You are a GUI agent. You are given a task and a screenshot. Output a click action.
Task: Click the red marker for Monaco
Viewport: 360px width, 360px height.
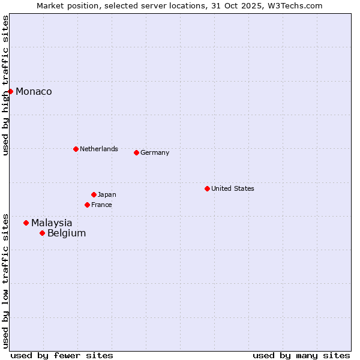click(11, 91)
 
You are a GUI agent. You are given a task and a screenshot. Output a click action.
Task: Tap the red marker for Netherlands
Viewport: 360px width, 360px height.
click(76, 149)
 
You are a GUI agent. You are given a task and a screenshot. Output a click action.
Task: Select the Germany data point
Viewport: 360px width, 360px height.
click(136, 152)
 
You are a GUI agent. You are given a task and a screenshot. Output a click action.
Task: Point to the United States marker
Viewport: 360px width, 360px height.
click(207, 188)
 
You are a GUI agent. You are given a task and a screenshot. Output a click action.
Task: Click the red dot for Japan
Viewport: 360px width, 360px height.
click(94, 194)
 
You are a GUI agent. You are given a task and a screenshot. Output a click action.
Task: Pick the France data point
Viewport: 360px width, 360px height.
click(87, 205)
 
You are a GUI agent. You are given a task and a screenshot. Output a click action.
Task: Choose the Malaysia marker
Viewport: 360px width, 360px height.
click(26, 223)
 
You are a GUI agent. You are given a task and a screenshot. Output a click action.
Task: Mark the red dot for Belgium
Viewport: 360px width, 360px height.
click(42, 233)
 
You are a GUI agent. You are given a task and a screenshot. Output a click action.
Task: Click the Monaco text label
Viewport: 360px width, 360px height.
click(34, 92)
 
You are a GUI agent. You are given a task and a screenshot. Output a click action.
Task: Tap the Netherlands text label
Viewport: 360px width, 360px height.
click(99, 149)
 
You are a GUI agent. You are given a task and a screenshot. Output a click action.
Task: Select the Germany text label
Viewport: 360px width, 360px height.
click(155, 152)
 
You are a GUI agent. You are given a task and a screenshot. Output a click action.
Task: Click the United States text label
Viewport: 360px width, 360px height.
click(233, 188)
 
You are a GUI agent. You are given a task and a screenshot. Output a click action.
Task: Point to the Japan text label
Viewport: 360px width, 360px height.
click(107, 194)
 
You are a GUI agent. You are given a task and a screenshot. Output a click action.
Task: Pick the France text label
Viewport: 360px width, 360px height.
click(101, 205)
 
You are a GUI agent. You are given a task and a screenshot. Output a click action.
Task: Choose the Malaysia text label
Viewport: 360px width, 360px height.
click(52, 223)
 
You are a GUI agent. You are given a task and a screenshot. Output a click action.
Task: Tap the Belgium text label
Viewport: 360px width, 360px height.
click(67, 233)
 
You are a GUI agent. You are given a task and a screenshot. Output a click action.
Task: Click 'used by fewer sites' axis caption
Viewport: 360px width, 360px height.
click(62, 355)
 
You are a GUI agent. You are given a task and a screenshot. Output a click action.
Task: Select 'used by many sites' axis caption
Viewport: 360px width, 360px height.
click(301, 355)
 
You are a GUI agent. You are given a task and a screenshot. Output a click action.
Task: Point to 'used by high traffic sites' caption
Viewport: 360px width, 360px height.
click(5, 86)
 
